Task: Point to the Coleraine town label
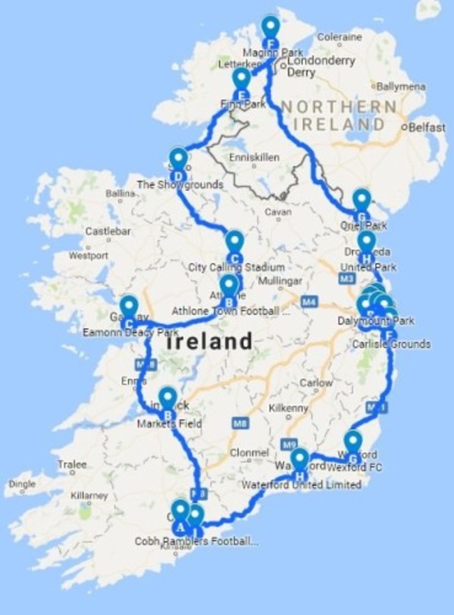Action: (x=339, y=37)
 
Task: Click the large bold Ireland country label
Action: (x=210, y=342)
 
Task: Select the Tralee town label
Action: (x=73, y=464)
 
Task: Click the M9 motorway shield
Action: (x=289, y=444)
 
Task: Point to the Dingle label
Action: (x=20, y=484)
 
